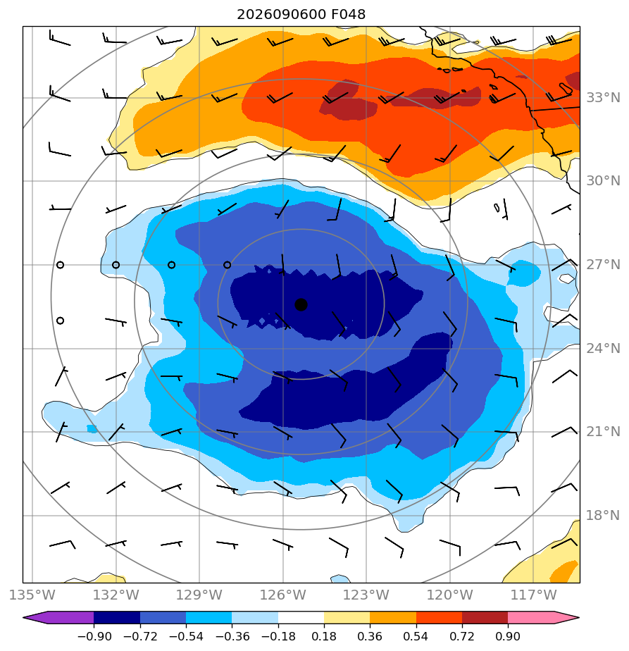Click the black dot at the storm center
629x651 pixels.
[301, 305]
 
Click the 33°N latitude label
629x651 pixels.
[603, 98]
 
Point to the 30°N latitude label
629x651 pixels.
[603, 181]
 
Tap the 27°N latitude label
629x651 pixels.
[603, 265]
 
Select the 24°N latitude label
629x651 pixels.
[603, 348]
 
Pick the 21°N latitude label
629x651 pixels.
[603, 432]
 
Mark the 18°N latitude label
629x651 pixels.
[603, 516]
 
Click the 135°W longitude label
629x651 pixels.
[32, 595]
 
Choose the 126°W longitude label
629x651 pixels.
[283, 595]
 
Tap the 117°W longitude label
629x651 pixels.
[533, 595]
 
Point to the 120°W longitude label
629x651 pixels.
[450, 595]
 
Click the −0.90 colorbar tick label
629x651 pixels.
[94, 636]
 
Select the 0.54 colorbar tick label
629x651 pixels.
[416, 636]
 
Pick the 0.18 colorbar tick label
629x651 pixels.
[324, 636]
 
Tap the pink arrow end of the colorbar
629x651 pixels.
[544, 618]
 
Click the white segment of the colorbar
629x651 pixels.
[301, 618]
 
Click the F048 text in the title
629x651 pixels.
[349, 15]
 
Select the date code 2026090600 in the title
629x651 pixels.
[282, 15]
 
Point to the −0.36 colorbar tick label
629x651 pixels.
[232, 636]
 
